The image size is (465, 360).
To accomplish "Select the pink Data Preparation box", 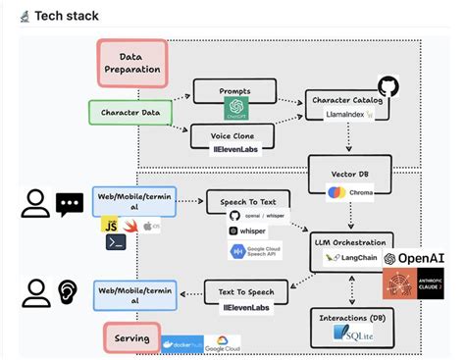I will click(x=134, y=64).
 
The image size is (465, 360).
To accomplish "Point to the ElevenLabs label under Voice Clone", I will click(x=234, y=149).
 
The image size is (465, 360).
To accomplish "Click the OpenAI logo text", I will click(x=422, y=258).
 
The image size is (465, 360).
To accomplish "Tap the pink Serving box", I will click(x=132, y=339).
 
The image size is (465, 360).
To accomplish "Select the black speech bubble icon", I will click(x=70, y=204).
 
